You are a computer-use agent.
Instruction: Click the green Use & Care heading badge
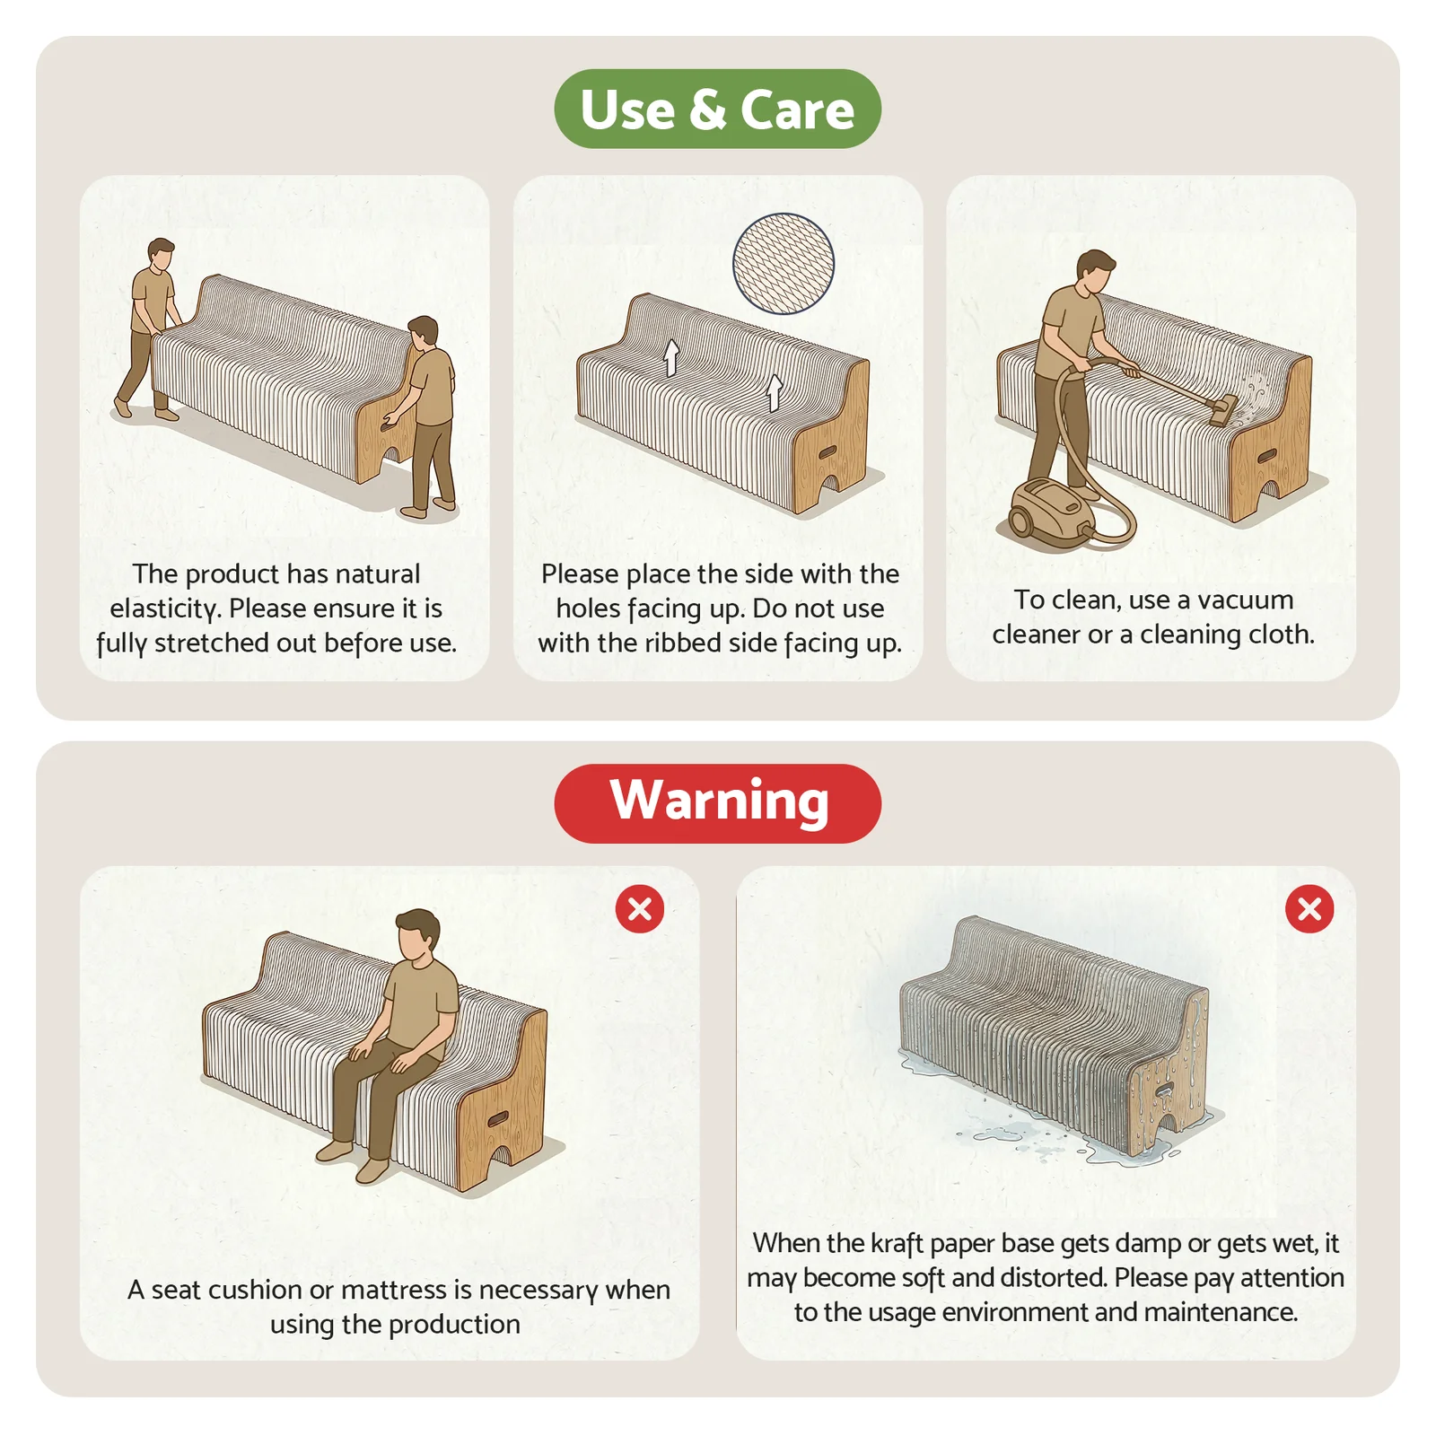coord(718,109)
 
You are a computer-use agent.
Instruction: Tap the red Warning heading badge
coord(718,803)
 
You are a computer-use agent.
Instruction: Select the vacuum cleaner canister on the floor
coord(1046,508)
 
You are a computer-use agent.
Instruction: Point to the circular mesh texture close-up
coord(784,263)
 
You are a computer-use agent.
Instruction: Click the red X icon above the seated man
coord(640,909)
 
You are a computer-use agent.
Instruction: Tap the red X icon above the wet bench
coord(1309,909)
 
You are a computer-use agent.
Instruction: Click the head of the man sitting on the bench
coord(418,935)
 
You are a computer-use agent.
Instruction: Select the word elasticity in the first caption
coord(164,609)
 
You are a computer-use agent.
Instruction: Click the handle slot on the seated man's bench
coord(496,1119)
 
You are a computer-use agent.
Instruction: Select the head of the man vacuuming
coord(1094,270)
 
